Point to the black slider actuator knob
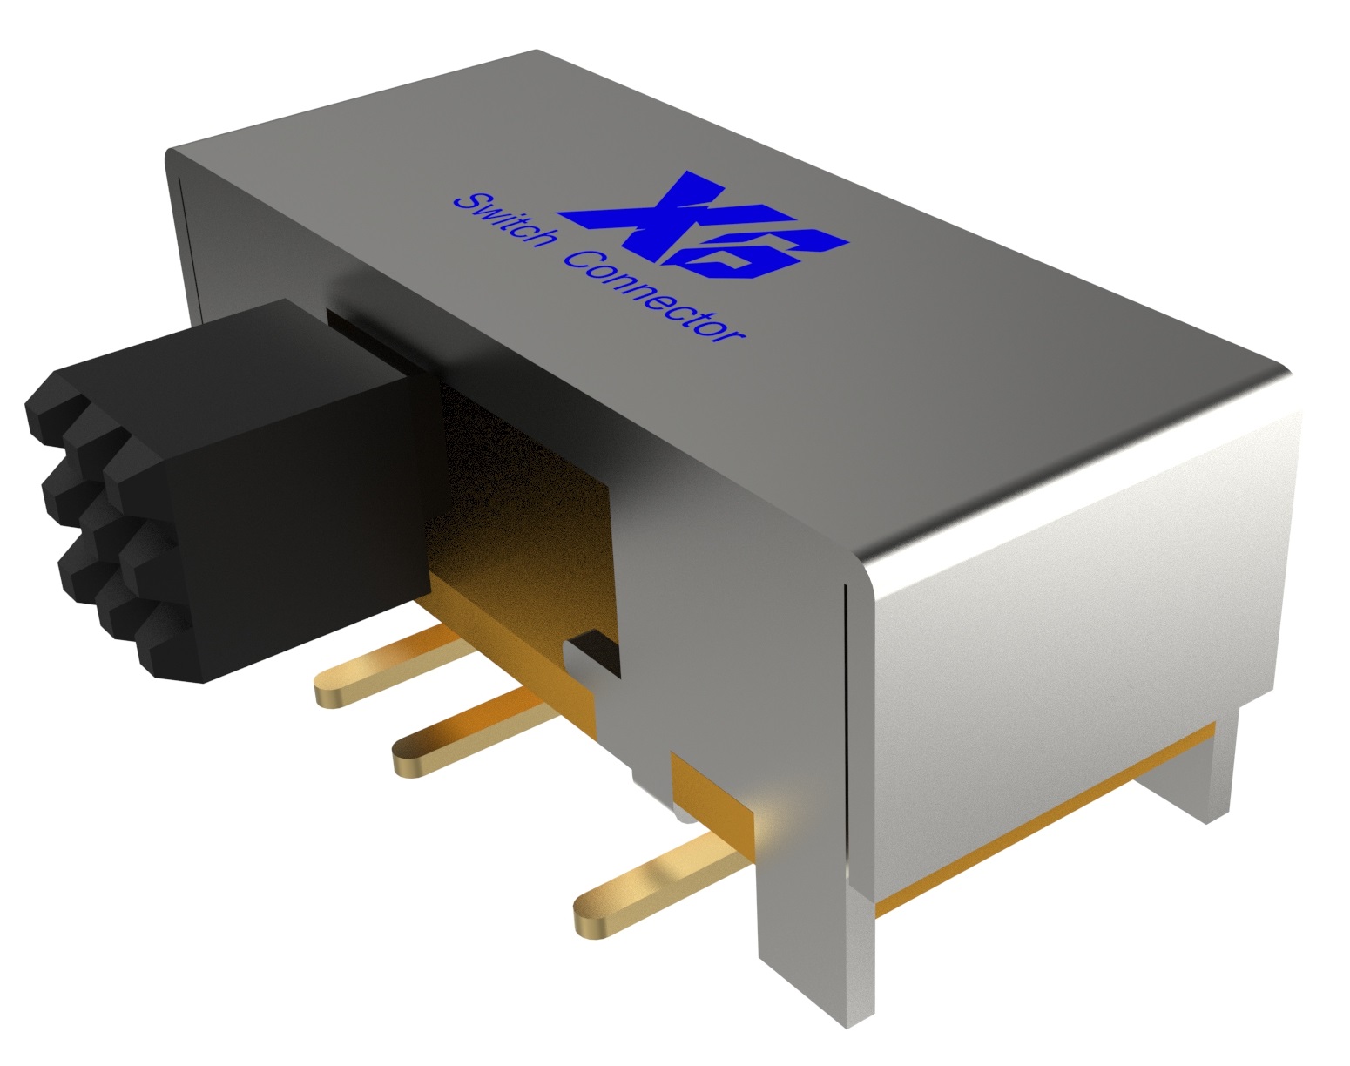[x=261, y=462]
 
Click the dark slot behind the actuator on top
[x=366, y=327]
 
